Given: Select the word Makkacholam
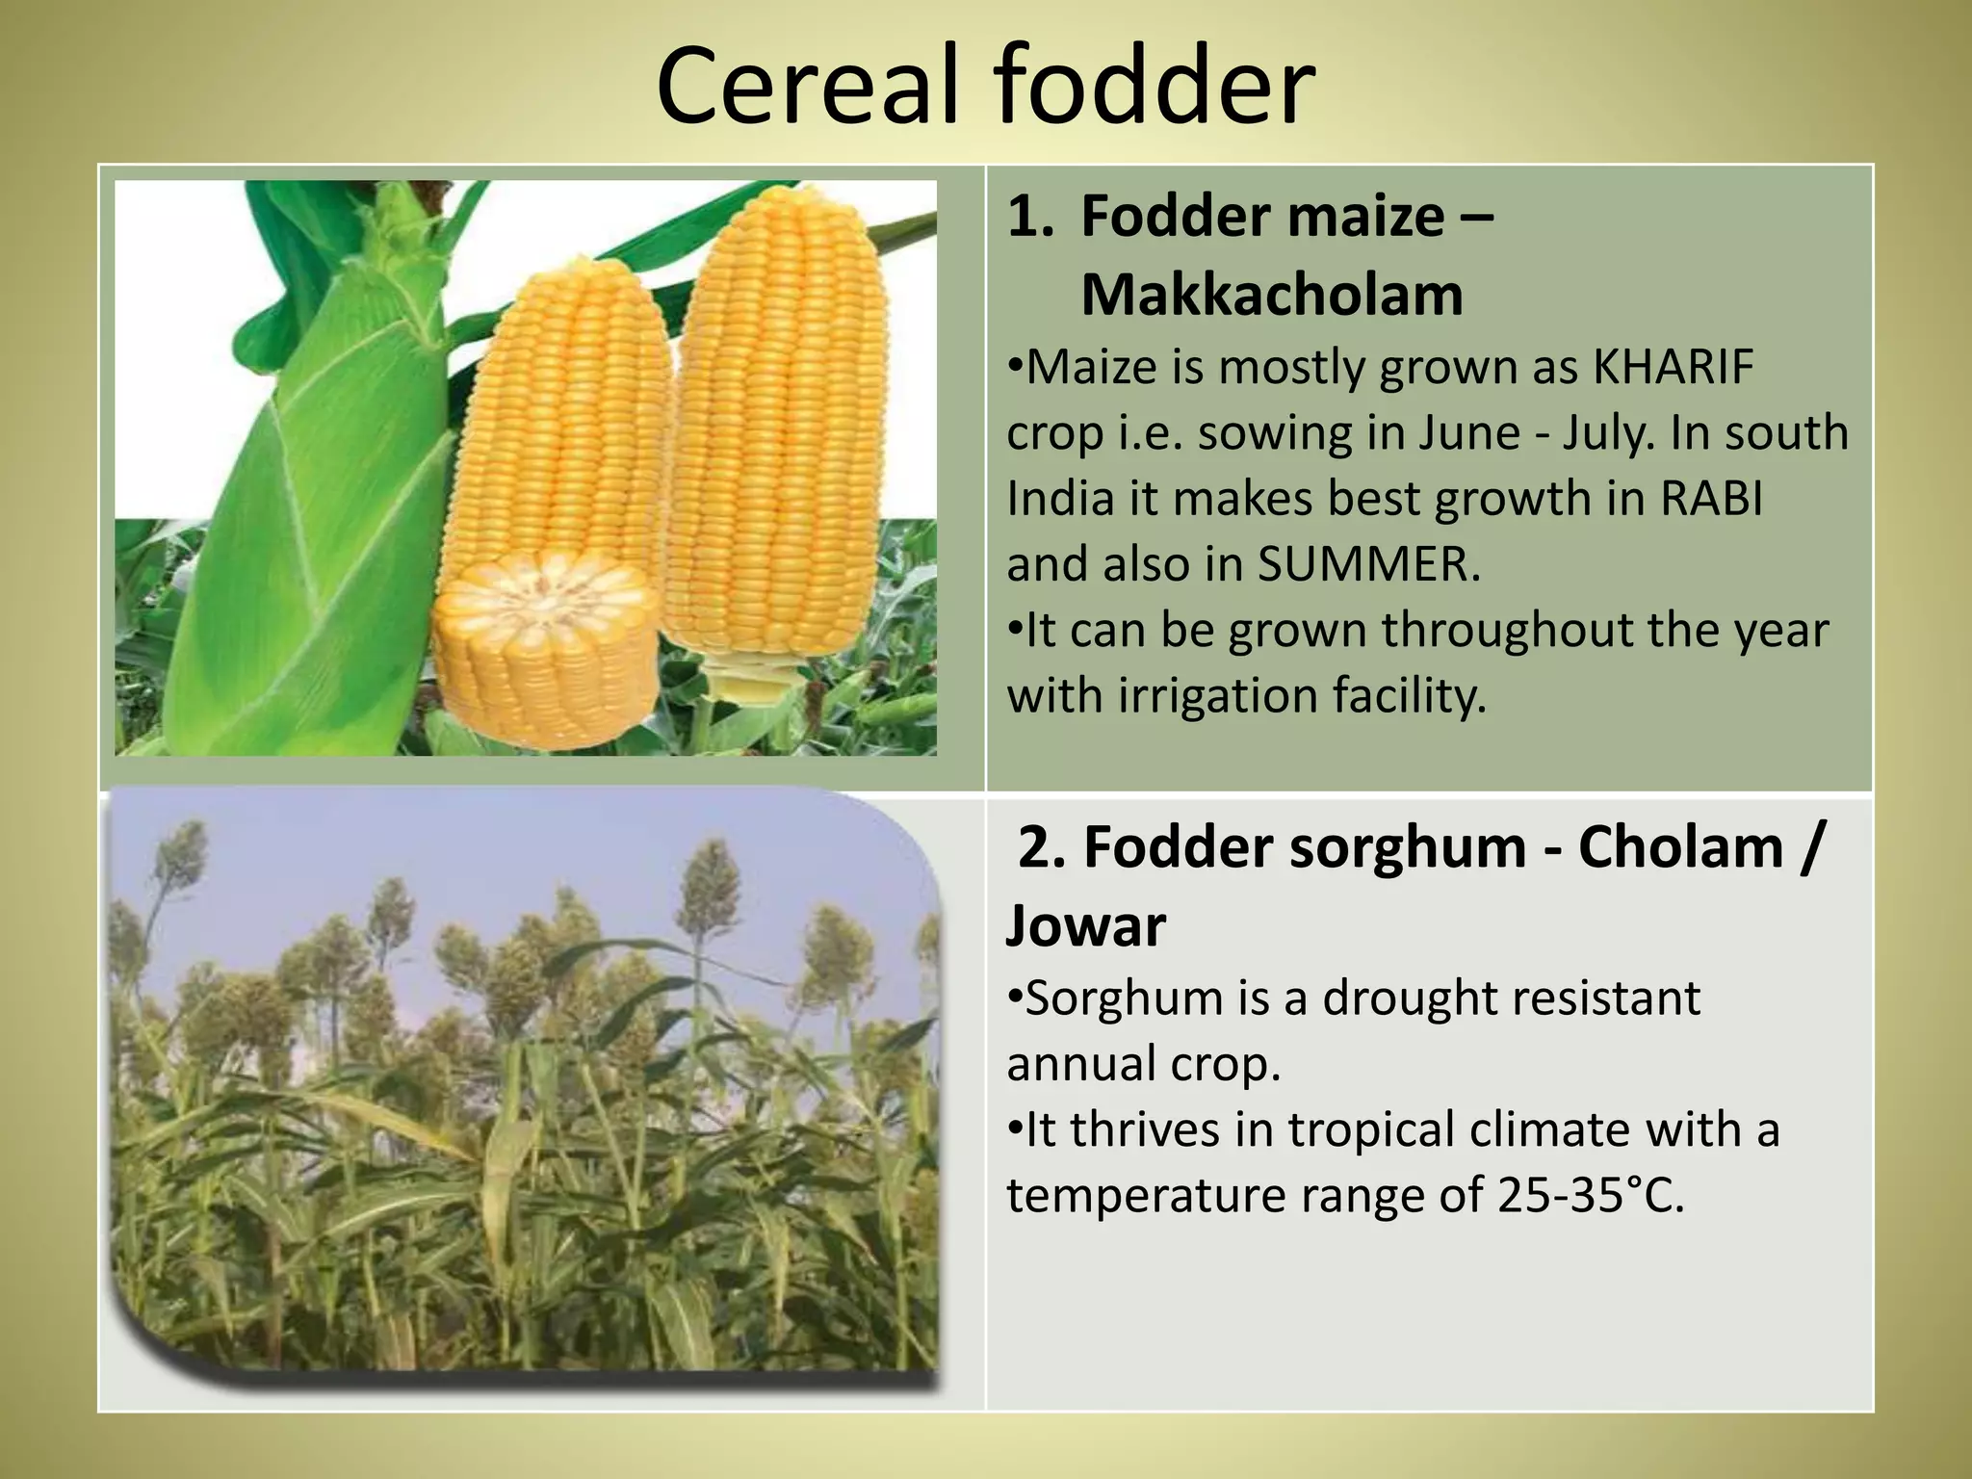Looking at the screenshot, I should click(1271, 295).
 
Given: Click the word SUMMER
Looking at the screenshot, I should click(1368, 565).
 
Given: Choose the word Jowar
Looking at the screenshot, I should click(1085, 925).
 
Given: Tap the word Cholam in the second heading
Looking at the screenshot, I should click(1680, 847).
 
